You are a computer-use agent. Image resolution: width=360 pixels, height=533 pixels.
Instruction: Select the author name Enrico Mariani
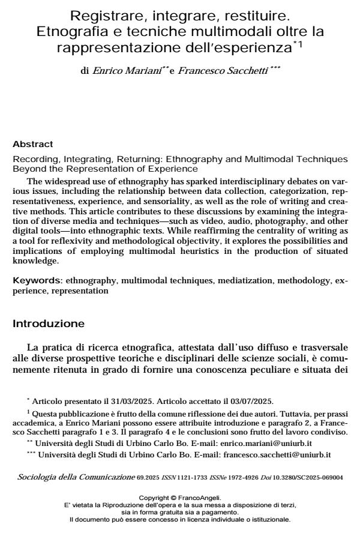(118, 70)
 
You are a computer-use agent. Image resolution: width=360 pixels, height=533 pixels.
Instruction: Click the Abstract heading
(33, 144)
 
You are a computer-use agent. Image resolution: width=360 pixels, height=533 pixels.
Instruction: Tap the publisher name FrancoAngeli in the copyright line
(197, 498)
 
